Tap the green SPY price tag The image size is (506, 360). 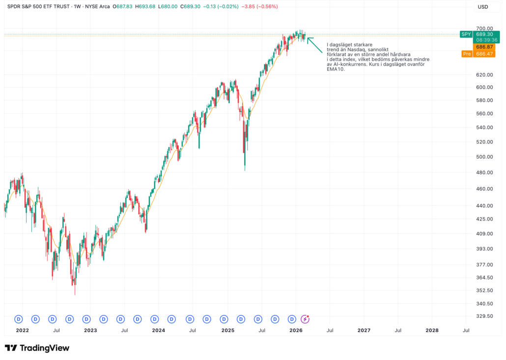tap(466, 34)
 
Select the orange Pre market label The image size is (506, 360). tap(467, 54)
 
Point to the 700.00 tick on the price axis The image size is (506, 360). tap(484, 28)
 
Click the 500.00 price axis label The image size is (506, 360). tap(484, 157)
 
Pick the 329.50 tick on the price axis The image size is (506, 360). tap(484, 316)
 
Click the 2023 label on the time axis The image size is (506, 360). tap(90, 331)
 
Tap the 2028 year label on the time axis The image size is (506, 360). tap(432, 331)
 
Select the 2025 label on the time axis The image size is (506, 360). tap(228, 331)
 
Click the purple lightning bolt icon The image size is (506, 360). tap(305, 319)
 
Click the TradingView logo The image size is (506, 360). tap(37, 348)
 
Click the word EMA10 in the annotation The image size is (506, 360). tap(336, 69)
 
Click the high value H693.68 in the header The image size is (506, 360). tap(147, 7)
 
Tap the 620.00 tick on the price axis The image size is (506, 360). tap(484, 75)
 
